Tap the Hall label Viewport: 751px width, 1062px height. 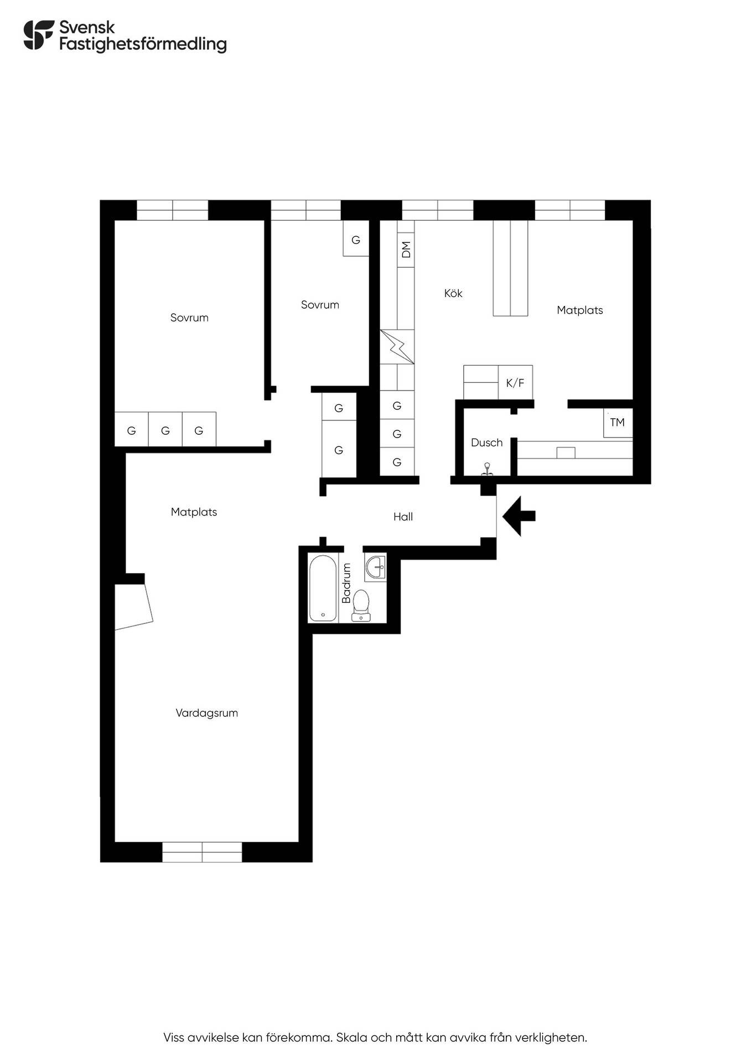click(403, 517)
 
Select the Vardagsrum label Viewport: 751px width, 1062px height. click(206, 713)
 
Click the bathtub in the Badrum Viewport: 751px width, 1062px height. click(323, 589)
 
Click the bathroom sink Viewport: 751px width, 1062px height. click(375, 566)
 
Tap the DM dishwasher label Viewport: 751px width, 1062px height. click(406, 249)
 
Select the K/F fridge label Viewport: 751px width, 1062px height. click(515, 383)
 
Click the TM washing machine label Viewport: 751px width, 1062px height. click(617, 423)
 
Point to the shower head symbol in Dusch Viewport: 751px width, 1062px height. click(487, 468)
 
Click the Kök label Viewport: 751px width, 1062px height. click(453, 293)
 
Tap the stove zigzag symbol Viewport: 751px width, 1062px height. click(397, 347)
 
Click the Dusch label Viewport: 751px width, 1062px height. click(486, 442)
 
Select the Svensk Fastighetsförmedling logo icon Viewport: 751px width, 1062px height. click(39, 35)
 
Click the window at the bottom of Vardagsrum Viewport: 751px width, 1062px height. click(202, 852)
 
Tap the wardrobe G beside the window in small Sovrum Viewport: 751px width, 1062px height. click(356, 238)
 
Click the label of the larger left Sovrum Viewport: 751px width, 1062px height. click(189, 317)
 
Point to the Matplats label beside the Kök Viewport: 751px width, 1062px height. click(579, 310)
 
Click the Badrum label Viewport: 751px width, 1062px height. click(346, 583)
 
